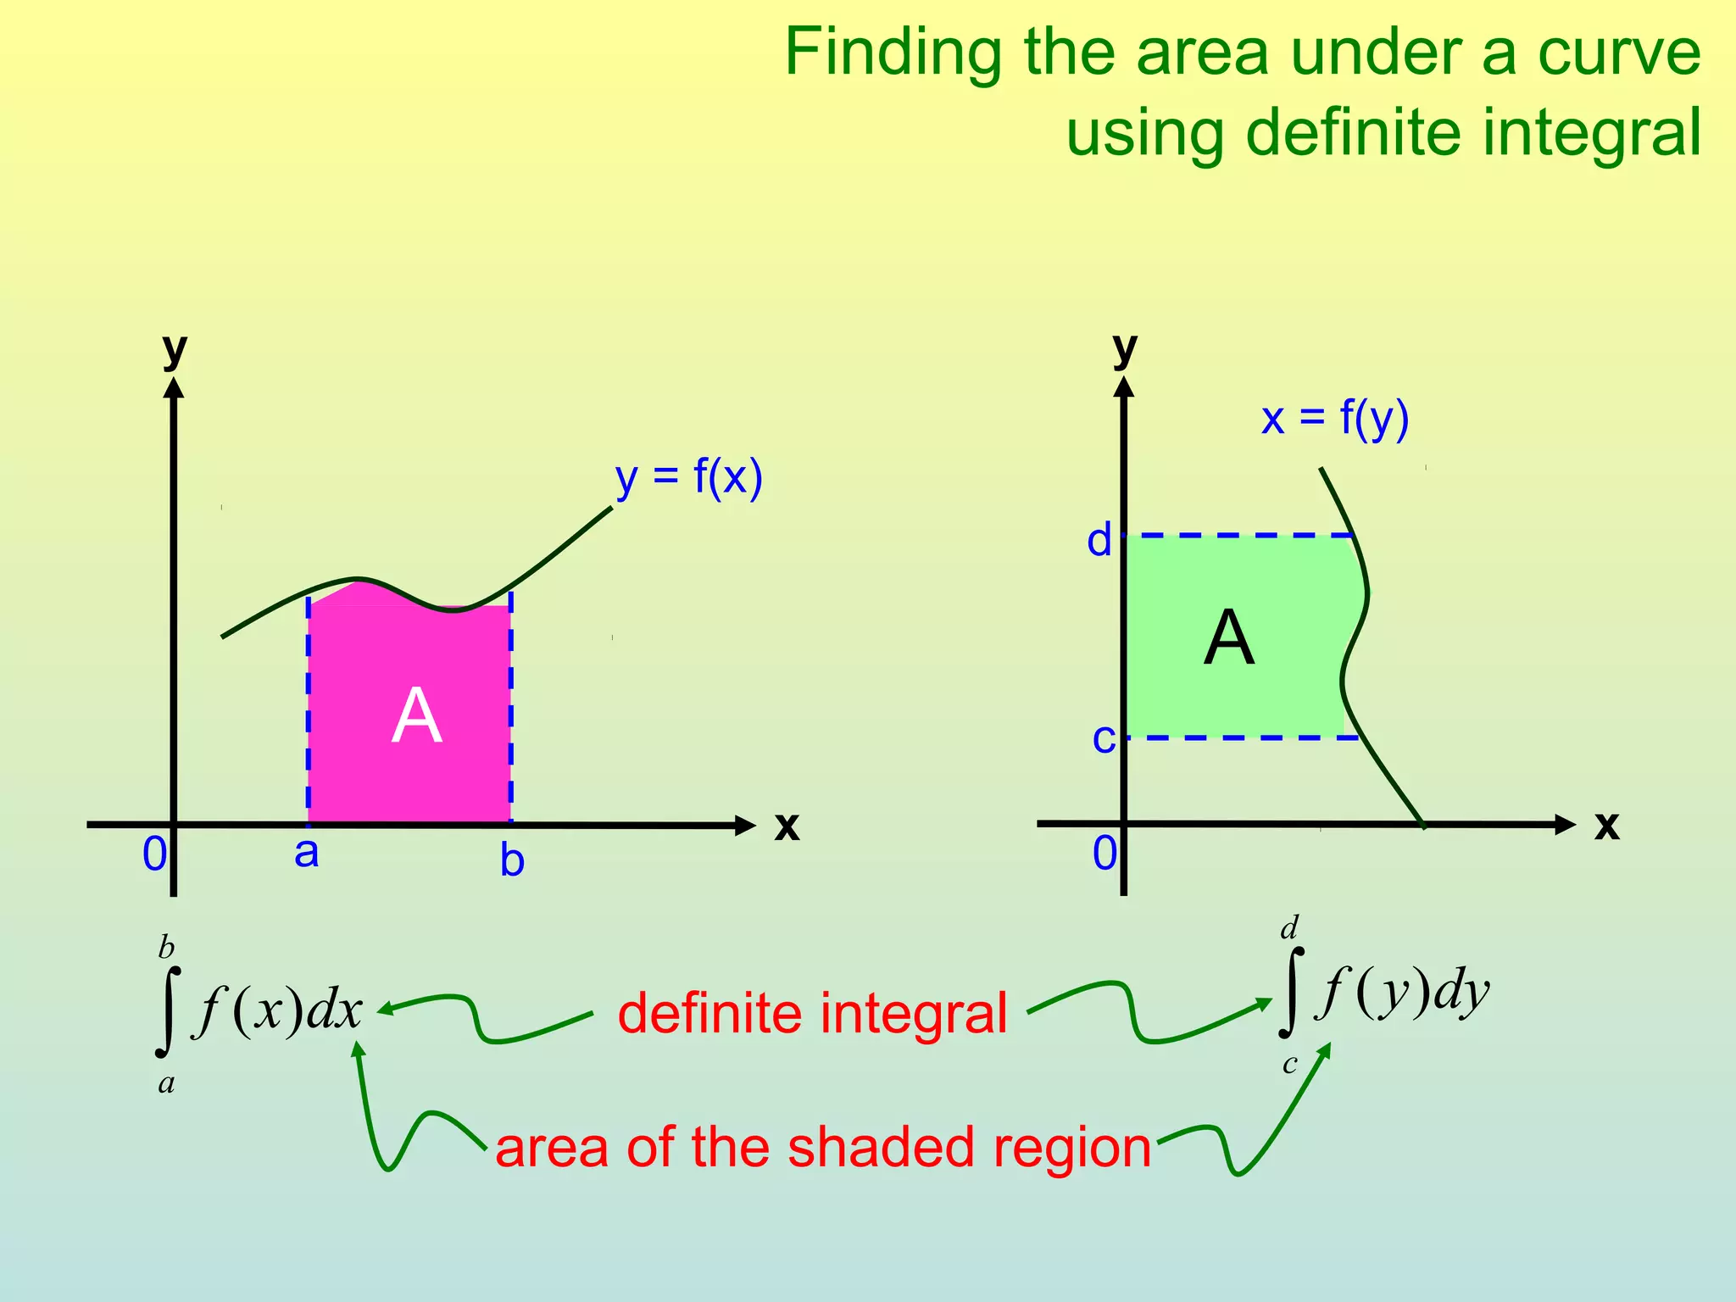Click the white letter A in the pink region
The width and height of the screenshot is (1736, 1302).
pyautogui.click(x=416, y=716)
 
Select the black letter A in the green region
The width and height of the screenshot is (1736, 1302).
pyautogui.click(x=1228, y=638)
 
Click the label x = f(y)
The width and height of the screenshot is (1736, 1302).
pyautogui.click(x=1334, y=418)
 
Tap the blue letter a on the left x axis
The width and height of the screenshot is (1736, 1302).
pyautogui.click(x=306, y=852)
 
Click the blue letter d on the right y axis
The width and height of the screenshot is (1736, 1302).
pyautogui.click(x=1099, y=540)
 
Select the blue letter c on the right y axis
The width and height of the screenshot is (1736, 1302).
pyautogui.click(x=1103, y=738)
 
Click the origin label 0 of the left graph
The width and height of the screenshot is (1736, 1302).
pyautogui.click(x=154, y=854)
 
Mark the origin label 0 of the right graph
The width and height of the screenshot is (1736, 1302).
pyautogui.click(x=1104, y=853)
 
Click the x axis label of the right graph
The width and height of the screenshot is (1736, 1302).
pyautogui.click(x=1605, y=825)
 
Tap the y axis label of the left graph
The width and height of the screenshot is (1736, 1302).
pyautogui.click(x=175, y=348)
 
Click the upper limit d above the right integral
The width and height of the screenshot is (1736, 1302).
pyautogui.click(x=1289, y=928)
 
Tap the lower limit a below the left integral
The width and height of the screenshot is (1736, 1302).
pyautogui.click(x=166, y=1083)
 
